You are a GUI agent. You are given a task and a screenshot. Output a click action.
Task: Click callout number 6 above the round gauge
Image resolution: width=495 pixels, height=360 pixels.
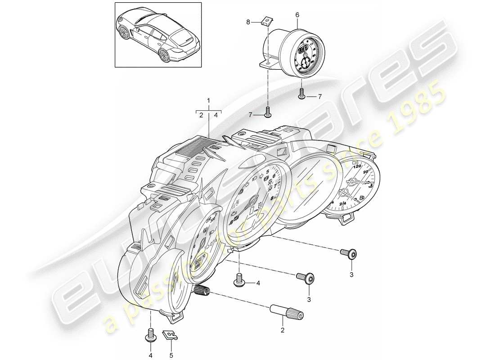pos(297,15)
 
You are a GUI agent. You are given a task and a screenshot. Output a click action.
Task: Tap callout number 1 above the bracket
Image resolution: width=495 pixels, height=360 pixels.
pos(208,99)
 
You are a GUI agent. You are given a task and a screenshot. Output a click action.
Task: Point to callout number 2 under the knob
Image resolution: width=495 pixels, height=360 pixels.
pos(283,330)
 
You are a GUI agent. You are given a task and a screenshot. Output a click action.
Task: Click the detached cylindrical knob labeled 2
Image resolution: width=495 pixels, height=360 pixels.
pos(286,311)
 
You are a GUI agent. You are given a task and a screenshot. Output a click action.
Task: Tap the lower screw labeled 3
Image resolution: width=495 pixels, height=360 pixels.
pos(305,278)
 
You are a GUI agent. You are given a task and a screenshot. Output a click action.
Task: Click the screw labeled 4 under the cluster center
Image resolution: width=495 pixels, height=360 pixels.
pos(238,281)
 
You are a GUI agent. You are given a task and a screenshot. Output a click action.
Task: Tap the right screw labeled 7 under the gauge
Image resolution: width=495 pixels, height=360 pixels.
pos(301,94)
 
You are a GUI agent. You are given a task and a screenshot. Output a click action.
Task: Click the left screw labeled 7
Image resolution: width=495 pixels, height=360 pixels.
pos(268,112)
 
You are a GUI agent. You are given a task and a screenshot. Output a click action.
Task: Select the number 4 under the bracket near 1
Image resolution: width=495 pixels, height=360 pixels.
pos(216,115)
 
